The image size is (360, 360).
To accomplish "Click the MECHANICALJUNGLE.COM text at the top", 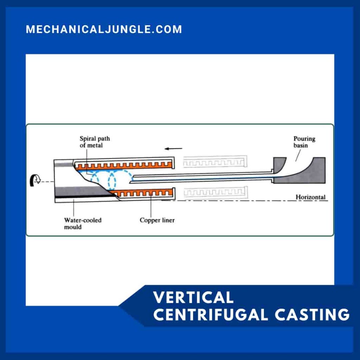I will [x=104, y=29].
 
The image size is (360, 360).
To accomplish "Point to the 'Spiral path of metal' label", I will [x=95, y=142].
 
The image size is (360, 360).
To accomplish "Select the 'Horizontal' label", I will [x=310, y=197].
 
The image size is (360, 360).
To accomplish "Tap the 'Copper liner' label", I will [x=157, y=220].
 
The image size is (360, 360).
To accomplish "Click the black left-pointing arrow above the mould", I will [x=175, y=148].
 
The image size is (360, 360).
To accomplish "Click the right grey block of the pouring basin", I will [x=318, y=171].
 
